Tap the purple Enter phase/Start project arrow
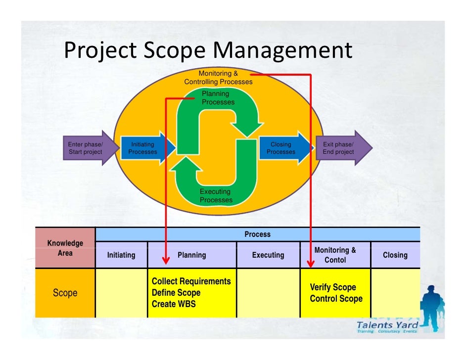point(87,148)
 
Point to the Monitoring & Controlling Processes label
point(218,78)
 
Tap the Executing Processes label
point(216,196)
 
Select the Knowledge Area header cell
point(65,248)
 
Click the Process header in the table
point(257,234)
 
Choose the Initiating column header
point(121,255)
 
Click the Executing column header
point(268,255)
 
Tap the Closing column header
point(395,255)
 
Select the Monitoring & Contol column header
point(335,255)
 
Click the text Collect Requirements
point(191,281)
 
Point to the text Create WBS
point(173,304)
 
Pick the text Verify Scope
point(332,287)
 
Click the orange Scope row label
point(65,293)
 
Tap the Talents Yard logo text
point(387,325)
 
